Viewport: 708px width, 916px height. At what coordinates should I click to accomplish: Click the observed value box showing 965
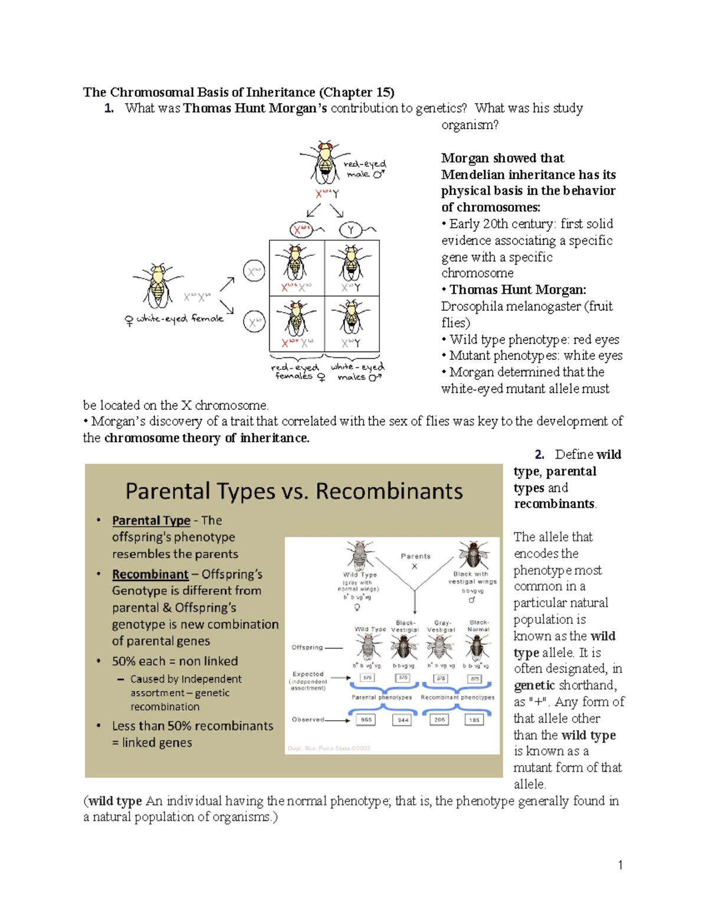pos(366,720)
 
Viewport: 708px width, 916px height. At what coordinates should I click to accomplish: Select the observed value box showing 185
pos(474,720)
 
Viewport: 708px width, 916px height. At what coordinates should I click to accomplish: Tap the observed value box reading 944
pos(403,720)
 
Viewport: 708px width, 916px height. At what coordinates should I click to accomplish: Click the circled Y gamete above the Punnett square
pos(351,229)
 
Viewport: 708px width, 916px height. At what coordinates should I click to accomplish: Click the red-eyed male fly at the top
pos(324,162)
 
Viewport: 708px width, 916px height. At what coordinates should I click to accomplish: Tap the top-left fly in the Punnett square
pos(296,263)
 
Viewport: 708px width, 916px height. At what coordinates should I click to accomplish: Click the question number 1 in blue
pos(109,108)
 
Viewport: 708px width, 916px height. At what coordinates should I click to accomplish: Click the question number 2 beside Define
pos(539,454)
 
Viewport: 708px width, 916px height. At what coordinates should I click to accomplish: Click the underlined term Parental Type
pos(151,520)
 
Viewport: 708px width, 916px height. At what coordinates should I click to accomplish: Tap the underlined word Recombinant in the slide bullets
pos(150,574)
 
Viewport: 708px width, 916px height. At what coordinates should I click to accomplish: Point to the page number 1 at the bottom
pos(620,865)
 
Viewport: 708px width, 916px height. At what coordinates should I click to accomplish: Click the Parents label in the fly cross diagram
pos(415,556)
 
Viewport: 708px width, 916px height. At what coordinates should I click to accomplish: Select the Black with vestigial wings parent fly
pos(474,554)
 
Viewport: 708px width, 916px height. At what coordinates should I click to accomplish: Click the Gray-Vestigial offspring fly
pos(440,647)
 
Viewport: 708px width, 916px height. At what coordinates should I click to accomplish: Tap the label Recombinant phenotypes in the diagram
pos(457,697)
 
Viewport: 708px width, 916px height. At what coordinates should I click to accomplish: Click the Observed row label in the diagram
pos(308,720)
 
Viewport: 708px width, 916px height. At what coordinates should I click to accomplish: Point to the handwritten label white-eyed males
pos(358,372)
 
